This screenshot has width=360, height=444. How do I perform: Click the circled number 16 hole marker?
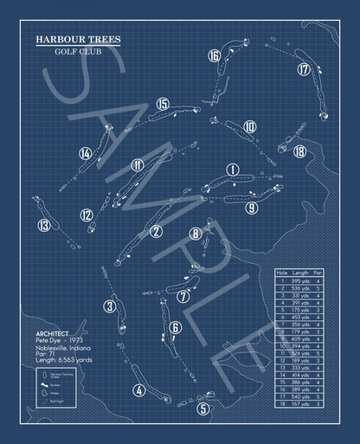214,56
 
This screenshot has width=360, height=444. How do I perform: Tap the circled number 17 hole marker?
303,69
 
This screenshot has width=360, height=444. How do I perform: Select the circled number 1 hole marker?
232,170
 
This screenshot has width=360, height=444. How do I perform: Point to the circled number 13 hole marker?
44,226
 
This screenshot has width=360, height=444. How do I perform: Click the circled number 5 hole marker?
202,409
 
